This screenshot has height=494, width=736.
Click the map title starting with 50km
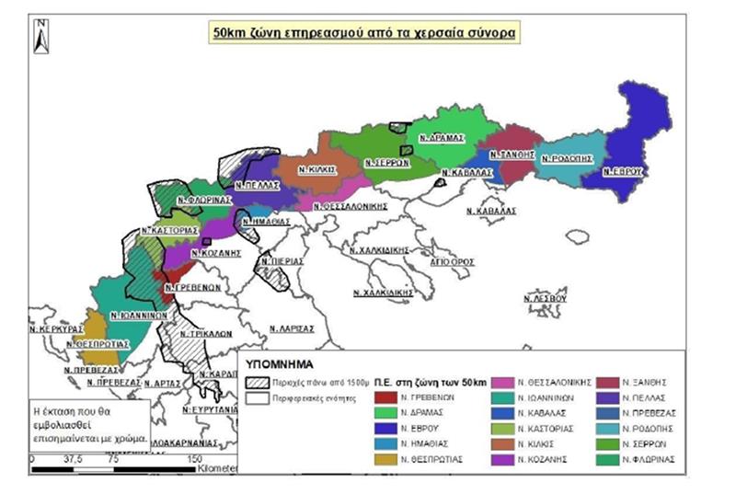(364, 32)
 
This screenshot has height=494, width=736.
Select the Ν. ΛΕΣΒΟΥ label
(545, 300)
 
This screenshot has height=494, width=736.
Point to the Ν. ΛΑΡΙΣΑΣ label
(290, 327)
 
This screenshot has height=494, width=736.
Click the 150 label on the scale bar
(195, 457)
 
